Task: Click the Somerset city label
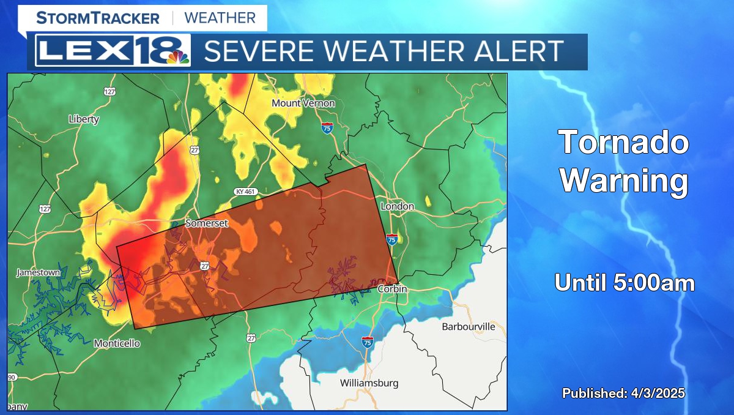pos(207,223)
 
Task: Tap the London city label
pos(398,206)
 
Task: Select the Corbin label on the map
pos(392,289)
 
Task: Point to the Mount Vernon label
pos(303,103)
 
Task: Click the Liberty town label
pos(84,119)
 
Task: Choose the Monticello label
pos(117,343)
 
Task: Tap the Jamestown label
pos(38,272)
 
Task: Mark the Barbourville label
pos(469,326)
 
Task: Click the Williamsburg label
pos(369,383)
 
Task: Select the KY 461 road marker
pos(245,192)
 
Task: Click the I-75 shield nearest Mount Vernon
pos(327,128)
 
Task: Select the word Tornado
pos(624,143)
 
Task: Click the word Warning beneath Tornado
pos(624,181)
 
